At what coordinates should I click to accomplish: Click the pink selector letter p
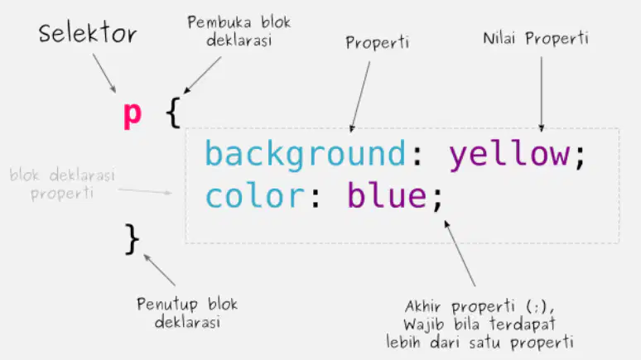pos(133,116)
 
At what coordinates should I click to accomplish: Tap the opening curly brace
pos(173,113)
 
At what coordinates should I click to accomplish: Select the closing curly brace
pos(132,239)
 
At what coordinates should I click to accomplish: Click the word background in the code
pos(305,155)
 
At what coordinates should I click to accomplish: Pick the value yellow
pos(509,155)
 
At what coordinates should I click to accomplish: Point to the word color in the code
pos(255,196)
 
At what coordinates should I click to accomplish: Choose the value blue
pos(387,195)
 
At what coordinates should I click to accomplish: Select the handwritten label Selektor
pos(88,33)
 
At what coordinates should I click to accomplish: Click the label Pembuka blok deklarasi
pos(239,31)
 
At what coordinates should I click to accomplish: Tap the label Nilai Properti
pos(536,39)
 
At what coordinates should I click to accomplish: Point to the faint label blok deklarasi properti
pos(62,185)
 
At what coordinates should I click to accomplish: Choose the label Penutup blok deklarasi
pos(187,313)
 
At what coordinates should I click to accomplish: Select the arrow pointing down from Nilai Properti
pos(542,94)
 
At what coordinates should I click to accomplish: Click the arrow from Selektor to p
pos(104,73)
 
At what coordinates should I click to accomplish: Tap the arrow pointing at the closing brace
pos(160,270)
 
